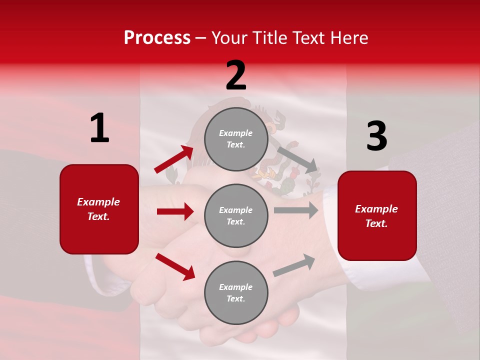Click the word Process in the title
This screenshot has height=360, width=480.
[x=157, y=38]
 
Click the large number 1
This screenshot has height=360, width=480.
[x=99, y=128]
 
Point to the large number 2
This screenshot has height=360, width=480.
[x=236, y=75]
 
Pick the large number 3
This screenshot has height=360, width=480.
[x=376, y=136]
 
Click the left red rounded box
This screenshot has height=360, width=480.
[x=99, y=209]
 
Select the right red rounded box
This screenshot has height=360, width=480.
[x=377, y=216]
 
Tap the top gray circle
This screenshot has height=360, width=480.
[x=236, y=139]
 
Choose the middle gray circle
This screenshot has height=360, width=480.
[x=236, y=216]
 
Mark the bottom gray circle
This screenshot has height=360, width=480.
[x=236, y=293]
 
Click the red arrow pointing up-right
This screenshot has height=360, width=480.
[x=174, y=159]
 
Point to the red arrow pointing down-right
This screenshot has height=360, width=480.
[x=175, y=266]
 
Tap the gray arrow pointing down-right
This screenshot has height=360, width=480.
[x=297, y=159]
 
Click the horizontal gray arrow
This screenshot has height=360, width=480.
[x=296, y=210]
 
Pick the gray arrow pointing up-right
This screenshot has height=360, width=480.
[x=294, y=265]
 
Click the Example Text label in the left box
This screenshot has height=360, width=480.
[x=99, y=209]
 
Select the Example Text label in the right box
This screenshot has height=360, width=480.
[x=377, y=216]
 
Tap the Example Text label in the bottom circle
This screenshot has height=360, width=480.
[x=236, y=293]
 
